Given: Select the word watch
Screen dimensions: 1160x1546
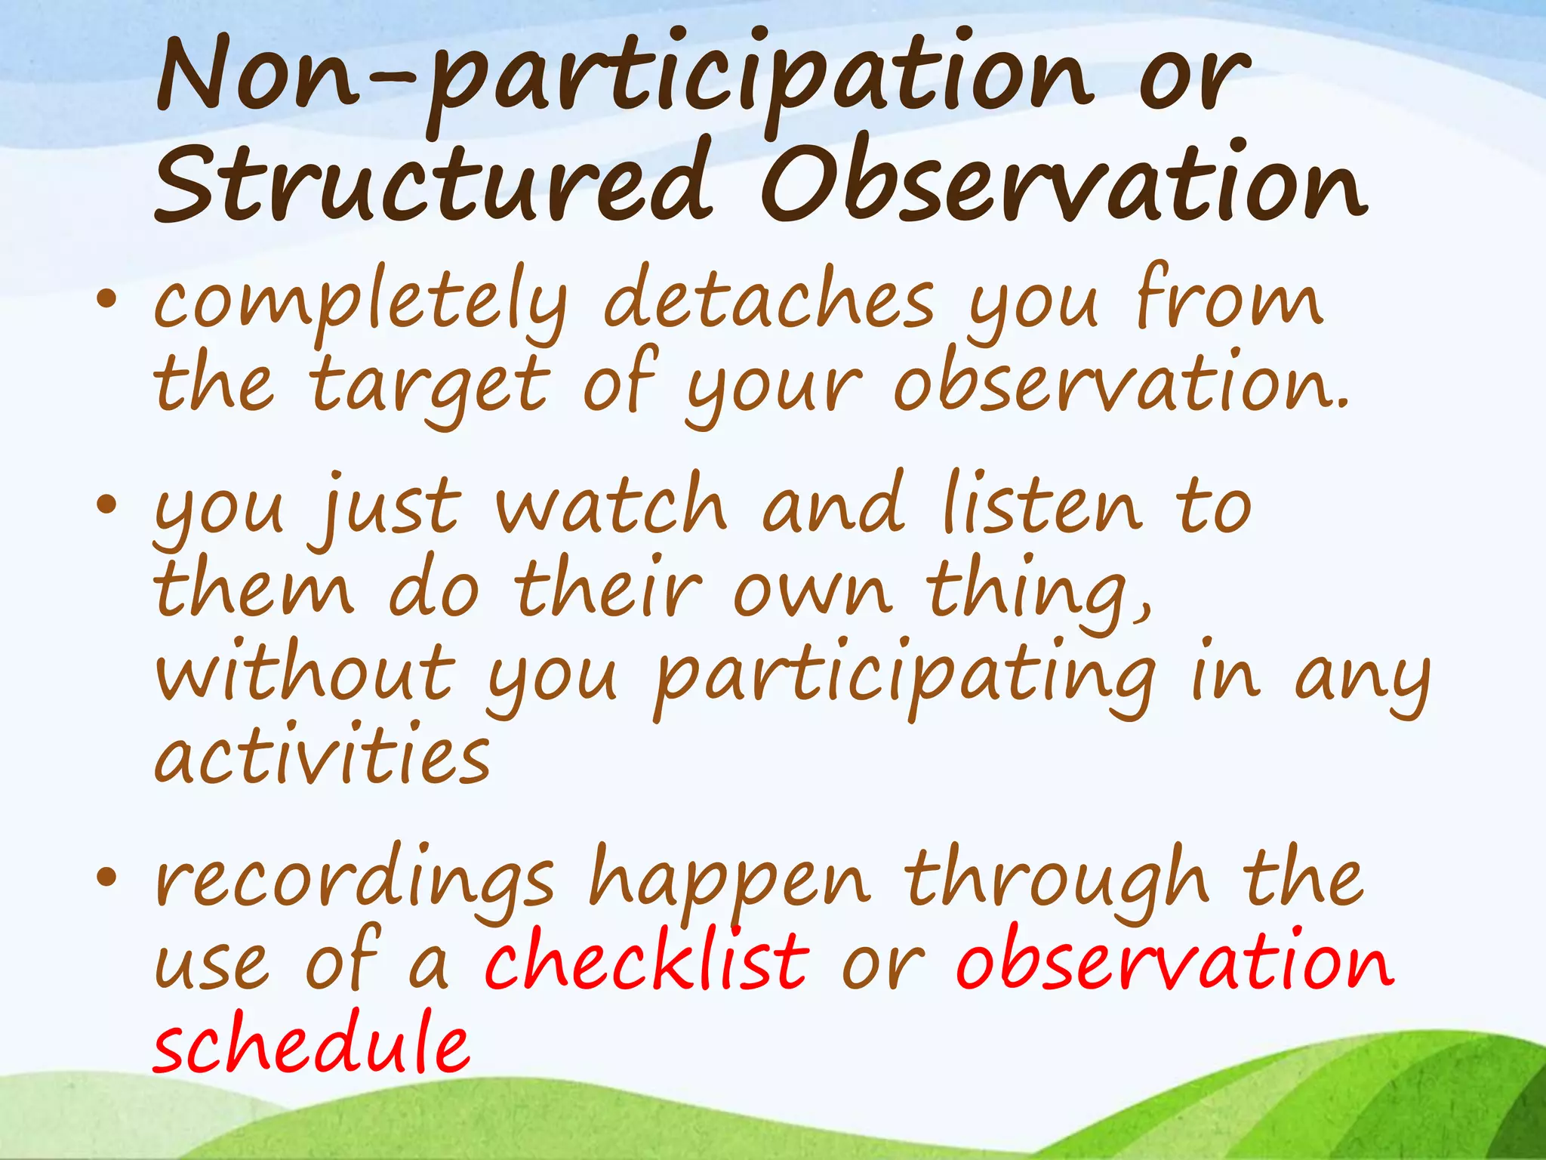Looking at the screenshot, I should [611, 506].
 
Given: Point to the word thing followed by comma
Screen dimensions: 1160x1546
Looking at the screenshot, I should [1038, 593].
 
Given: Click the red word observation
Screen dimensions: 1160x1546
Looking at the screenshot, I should [1174, 963].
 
